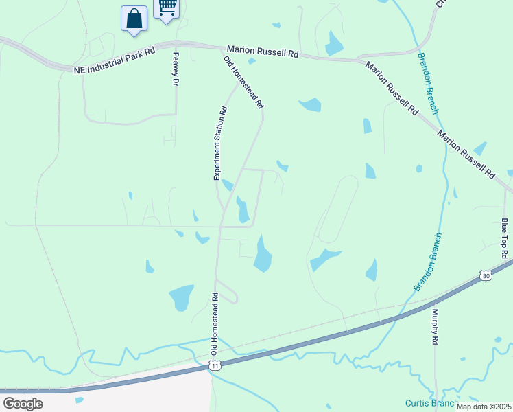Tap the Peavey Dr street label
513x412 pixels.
click(x=176, y=69)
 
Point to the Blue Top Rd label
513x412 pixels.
click(x=504, y=238)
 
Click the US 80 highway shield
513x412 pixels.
click(x=486, y=275)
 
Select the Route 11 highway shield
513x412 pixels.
click(x=215, y=366)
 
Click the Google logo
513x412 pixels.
click(x=23, y=403)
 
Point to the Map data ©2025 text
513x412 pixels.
click(x=484, y=407)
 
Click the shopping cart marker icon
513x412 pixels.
click(x=167, y=8)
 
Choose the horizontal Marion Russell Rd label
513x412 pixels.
click(x=263, y=51)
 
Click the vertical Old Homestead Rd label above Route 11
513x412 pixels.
click(x=215, y=324)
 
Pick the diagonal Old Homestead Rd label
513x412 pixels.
click(x=243, y=83)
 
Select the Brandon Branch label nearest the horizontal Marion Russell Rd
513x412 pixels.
click(x=427, y=83)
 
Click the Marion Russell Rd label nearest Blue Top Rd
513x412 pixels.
click(x=466, y=154)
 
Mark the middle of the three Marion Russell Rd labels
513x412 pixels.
click(x=392, y=88)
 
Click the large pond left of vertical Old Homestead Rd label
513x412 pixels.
click(x=181, y=297)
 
